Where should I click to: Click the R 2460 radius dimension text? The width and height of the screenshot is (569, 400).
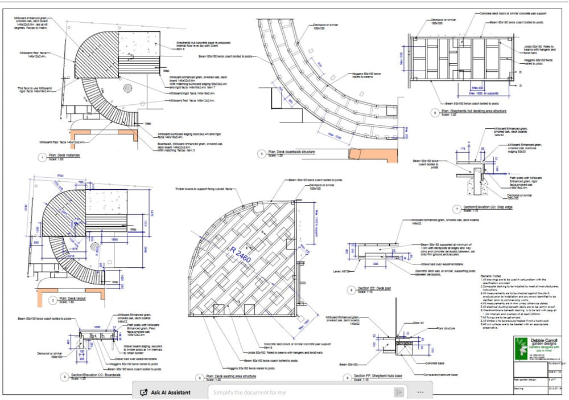[241, 256]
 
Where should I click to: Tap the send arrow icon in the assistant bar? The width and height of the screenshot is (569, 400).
[399, 392]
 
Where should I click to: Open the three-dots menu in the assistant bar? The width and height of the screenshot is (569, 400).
[420, 392]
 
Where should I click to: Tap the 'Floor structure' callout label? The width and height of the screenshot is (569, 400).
[447, 329]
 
